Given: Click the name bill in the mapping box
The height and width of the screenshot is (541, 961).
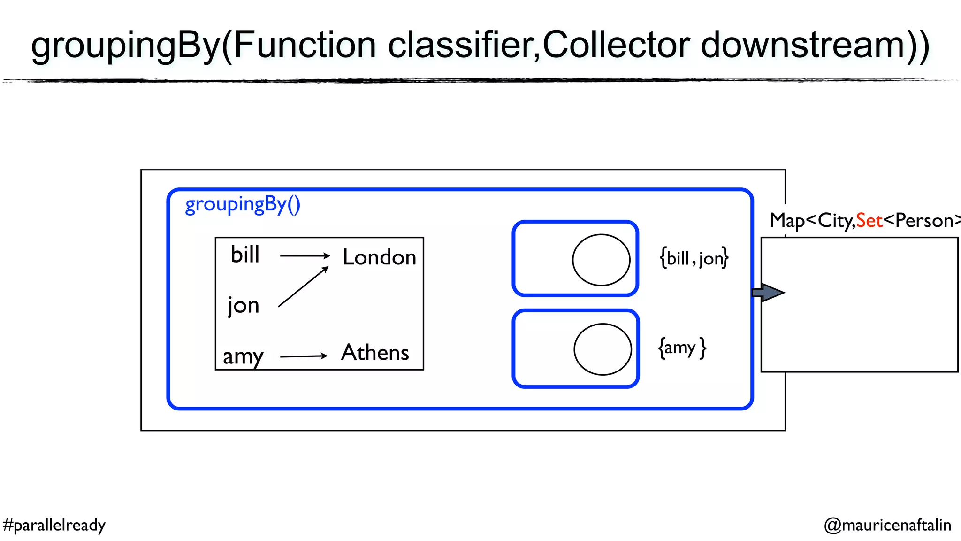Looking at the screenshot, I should (x=245, y=255).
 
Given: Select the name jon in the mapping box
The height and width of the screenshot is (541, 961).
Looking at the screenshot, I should (x=244, y=305).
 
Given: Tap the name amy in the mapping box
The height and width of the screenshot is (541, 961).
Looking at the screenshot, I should (x=243, y=356).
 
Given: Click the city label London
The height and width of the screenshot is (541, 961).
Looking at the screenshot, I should (x=379, y=257).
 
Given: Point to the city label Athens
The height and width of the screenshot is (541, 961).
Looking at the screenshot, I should (x=375, y=353).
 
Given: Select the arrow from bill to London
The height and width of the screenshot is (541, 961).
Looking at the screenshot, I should (x=305, y=256).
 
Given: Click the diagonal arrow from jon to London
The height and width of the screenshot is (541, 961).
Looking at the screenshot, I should (x=303, y=287).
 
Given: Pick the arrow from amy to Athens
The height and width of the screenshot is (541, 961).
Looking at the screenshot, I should (x=304, y=356).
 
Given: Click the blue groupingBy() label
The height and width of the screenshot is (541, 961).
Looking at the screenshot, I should (x=243, y=204).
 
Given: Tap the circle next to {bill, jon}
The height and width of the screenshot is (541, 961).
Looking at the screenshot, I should (x=601, y=260).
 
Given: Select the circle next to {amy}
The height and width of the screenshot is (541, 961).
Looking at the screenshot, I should (x=603, y=349).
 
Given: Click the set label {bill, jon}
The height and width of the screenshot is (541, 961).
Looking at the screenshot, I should (x=694, y=258).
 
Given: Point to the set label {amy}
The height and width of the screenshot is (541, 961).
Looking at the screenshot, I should (x=682, y=348).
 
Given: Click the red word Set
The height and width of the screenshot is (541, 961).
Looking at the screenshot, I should (x=869, y=220).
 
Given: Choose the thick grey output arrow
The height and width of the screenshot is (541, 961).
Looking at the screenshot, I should (x=768, y=293).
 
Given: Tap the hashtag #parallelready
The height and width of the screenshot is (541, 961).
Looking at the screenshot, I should (x=54, y=525).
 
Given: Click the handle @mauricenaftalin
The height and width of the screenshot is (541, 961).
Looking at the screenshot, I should (x=887, y=525).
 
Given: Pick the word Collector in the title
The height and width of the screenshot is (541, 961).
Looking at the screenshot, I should (x=616, y=45).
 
